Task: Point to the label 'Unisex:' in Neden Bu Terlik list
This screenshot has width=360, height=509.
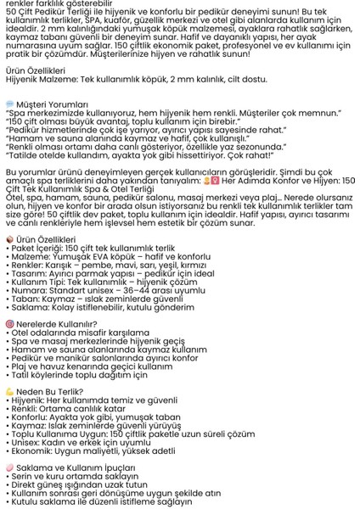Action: point(31,442)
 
